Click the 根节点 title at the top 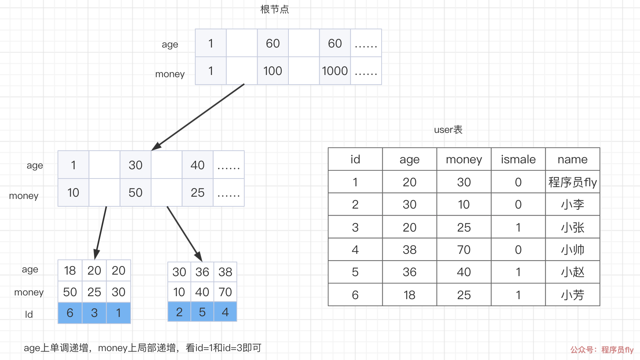[274, 9]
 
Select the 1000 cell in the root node [335, 71]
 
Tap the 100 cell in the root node [273, 71]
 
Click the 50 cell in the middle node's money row [135, 193]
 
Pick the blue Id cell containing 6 [70, 313]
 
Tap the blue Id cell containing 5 [202, 312]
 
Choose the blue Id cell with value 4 [225, 312]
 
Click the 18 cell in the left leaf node [70, 271]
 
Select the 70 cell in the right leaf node [225, 292]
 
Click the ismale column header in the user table [518, 159]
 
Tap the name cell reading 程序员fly [572, 182]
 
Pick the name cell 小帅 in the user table [572, 250]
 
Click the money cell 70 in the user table [464, 250]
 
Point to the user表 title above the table [448, 130]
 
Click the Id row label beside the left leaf [29, 314]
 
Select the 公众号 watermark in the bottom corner [602, 350]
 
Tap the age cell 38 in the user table [409, 250]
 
